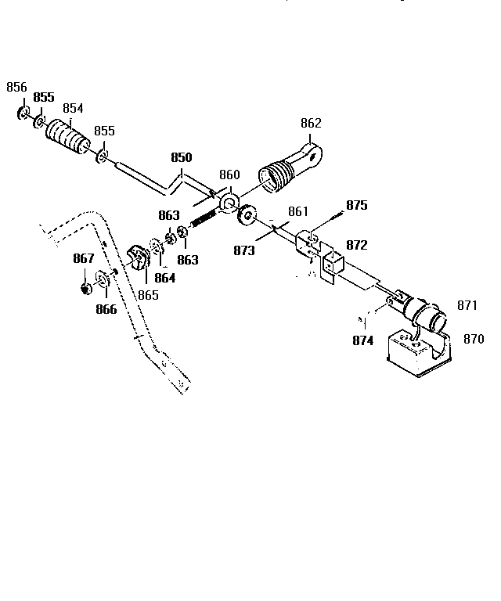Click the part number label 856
[x=16, y=88]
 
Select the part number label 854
[x=73, y=108]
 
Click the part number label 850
[x=181, y=157]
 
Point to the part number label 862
[x=311, y=123]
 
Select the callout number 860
[x=229, y=175]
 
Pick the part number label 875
[x=356, y=205]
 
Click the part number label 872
[x=356, y=246]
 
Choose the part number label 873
[x=243, y=250]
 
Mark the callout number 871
[x=467, y=304]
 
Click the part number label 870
[x=473, y=339]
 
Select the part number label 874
[x=362, y=340]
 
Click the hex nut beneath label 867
[x=85, y=288]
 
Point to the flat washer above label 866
[x=103, y=279]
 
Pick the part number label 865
[x=148, y=295]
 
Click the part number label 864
[x=164, y=277]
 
